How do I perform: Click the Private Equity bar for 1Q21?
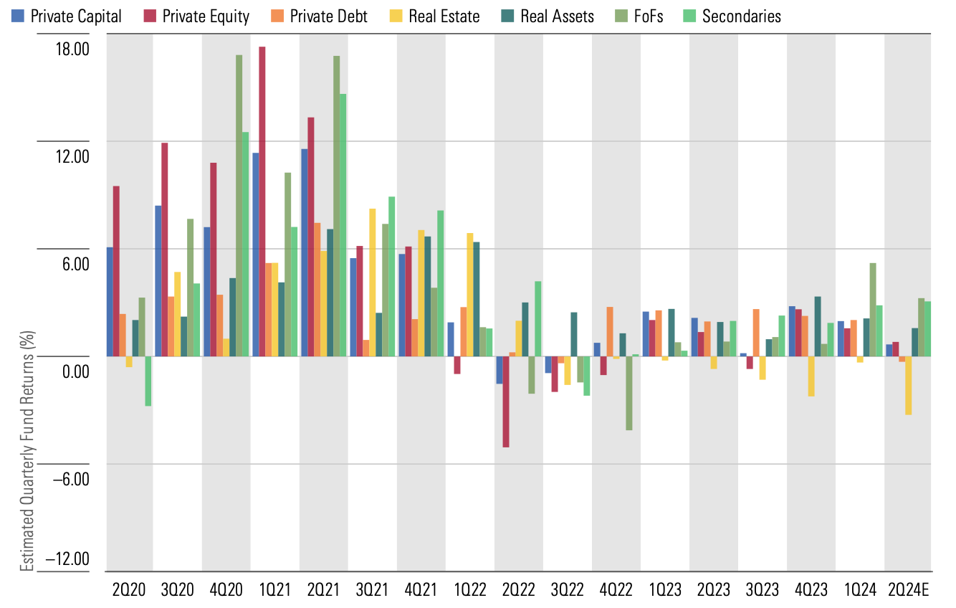point(262,201)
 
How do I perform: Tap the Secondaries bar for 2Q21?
point(343,225)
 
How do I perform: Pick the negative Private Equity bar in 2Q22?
point(506,402)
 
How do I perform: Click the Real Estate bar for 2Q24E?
point(908,386)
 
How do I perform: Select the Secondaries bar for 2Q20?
point(148,381)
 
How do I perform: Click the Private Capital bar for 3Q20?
point(158,281)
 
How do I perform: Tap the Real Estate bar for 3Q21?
point(372,282)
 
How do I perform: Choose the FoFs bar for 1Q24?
point(872,310)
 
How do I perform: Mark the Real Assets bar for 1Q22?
point(476,299)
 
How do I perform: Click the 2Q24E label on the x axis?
point(908,589)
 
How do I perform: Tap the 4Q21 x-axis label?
point(421,589)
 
